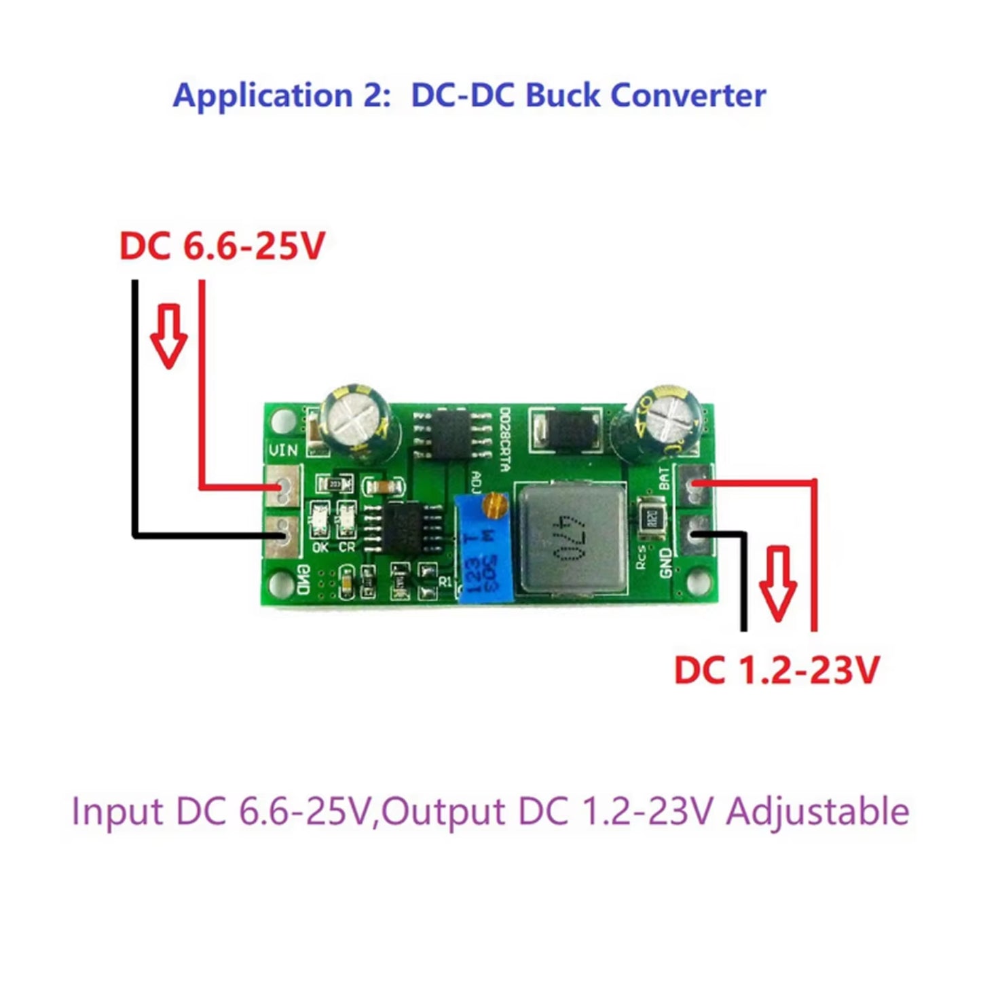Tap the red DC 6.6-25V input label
222,246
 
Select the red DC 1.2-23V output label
776,670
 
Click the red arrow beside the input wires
168,335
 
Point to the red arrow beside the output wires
777,583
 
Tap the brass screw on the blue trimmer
498,505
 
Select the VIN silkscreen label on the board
283,450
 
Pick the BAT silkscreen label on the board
663,479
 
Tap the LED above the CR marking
346,515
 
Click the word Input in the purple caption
117,811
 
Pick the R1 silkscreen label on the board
445,581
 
